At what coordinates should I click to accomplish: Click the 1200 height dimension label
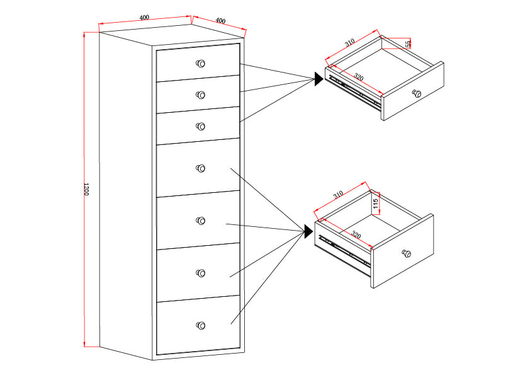point(86,189)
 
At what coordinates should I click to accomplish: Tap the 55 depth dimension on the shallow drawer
point(408,43)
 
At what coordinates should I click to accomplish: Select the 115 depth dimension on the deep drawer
point(375,204)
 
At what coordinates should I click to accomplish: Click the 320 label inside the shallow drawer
point(358,77)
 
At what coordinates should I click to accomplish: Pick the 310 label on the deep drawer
point(337,195)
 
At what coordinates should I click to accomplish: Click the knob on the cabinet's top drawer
point(201,63)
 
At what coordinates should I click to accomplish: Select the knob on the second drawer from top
point(201,95)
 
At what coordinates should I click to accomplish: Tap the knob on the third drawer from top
point(201,126)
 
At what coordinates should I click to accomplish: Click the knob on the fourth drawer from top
point(201,168)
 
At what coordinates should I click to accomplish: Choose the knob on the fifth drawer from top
point(201,221)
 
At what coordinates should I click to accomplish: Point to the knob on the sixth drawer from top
point(201,273)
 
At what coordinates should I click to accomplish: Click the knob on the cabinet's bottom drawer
point(201,325)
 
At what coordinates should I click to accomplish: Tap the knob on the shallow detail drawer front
point(415,93)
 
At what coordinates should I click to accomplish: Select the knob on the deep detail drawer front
point(407,253)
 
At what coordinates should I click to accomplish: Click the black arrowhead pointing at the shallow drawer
point(319,79)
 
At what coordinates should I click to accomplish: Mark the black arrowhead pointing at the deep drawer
point(308,231)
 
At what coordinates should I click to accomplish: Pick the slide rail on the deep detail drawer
point(344,250)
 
